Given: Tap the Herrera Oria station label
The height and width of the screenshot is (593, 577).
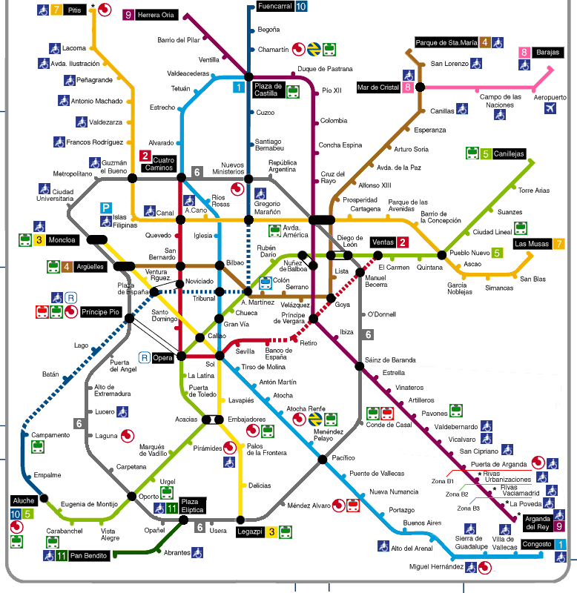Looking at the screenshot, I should click(x=157, y=14).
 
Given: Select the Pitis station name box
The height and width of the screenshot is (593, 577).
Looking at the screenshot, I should click(x=74, y=10).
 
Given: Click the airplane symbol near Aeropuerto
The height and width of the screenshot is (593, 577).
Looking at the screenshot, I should click(x=550, y=109).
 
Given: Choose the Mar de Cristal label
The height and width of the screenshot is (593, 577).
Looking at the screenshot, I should click(x=379, y=87).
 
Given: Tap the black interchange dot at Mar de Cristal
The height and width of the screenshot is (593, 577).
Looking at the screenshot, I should click(x=421, y=87).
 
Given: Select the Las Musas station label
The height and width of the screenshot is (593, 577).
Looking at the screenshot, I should click(x=531, y=243).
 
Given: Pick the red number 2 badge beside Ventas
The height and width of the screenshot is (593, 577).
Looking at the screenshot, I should click(x=403, y=242).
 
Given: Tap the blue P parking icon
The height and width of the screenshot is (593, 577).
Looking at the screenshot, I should click(x=107, y=208).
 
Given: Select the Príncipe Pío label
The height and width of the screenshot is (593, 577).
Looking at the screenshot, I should click(x=99, y=311).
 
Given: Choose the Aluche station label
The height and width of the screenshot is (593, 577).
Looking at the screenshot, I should click(x=23, y=501).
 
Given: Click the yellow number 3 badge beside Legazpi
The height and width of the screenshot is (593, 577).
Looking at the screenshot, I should click(x=272, y=531).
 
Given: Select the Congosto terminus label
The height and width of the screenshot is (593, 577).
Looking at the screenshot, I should click(x=536, y=544).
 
